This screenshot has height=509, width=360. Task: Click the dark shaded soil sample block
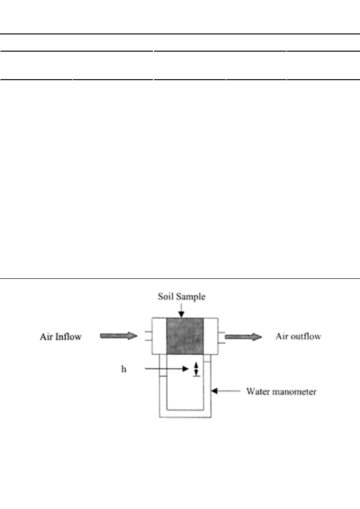185,336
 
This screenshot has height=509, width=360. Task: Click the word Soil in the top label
165,297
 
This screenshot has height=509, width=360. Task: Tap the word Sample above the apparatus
189,297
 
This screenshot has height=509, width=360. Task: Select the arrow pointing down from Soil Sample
181,310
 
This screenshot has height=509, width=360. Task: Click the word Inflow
68,336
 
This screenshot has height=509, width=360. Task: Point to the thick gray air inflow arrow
119,336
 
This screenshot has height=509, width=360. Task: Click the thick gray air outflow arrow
243,337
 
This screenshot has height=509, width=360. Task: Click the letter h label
123,369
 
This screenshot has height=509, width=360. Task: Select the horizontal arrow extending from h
167,369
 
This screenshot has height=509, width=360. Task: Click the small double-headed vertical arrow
196,369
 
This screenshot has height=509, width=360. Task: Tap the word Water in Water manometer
258,391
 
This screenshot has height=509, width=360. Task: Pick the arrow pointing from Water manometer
226,391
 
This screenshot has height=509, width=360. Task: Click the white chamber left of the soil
159,336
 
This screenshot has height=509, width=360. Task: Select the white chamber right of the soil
210,336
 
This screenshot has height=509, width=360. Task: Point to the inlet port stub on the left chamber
149,336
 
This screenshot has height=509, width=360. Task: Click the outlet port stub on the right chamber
221,337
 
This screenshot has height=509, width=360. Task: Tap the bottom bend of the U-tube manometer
185,414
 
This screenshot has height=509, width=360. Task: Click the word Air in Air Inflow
46,336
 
